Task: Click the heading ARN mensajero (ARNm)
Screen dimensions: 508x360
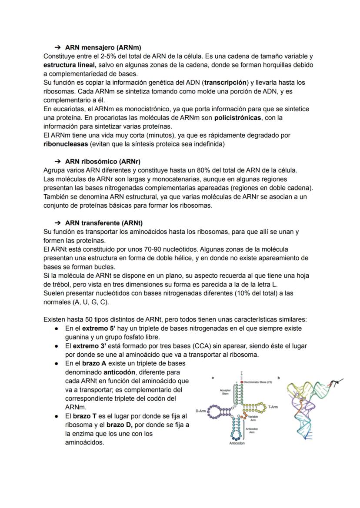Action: point(103,47)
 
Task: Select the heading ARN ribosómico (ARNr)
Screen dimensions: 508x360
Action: point(103,161)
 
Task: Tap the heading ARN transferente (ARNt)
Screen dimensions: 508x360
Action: point(103,223)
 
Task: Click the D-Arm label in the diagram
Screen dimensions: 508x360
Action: point(200,411)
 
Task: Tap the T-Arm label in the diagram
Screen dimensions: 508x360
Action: point(273,406)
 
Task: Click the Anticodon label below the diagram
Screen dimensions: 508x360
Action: point(237,444)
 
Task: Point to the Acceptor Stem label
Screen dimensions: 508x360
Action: point(225,392)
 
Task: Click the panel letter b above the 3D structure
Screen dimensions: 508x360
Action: point(278,378)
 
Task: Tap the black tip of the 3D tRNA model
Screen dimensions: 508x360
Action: point(334,383)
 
